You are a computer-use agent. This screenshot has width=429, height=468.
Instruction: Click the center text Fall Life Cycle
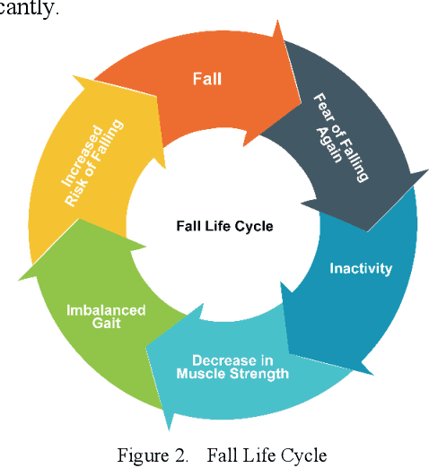[x=223, y=226]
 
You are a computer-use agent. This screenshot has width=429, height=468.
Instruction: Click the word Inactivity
[x=361, y=268]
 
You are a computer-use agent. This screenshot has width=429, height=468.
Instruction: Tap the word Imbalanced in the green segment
[x=106, y=310]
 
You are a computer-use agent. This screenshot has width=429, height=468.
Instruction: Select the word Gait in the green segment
[x=106, y=324]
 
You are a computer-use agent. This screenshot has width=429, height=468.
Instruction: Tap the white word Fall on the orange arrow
[x=206, y=78]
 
